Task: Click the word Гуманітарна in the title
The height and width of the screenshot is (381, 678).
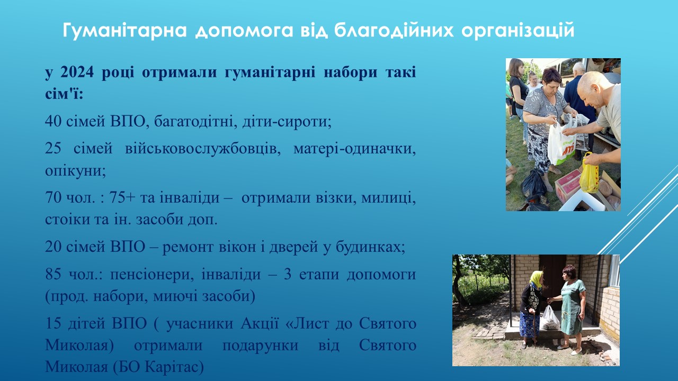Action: pyautogui.click(x=124, y=30)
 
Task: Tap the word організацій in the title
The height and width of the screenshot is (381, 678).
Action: pyautogui.click(x=518, y=31)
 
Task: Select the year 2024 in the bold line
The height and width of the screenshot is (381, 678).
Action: pyautogui.click(x=77, y=72)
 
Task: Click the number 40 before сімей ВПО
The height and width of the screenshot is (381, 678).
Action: pyautogui.click(x=53, y=121)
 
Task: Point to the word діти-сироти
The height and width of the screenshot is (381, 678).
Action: pyautogui.click(x=287, y=122)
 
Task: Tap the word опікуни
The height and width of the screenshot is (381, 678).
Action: pyautogui.click(x=75, y=171)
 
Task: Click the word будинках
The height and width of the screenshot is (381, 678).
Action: pyautogui.click(x=370, y=247)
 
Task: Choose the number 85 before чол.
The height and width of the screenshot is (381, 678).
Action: pyautogui.click(x=53, y=274)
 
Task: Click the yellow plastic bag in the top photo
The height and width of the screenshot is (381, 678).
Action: pyautogui.click(x=590, y=173)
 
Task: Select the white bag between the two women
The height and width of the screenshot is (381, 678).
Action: pyautogui.click(x=549, y=318)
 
